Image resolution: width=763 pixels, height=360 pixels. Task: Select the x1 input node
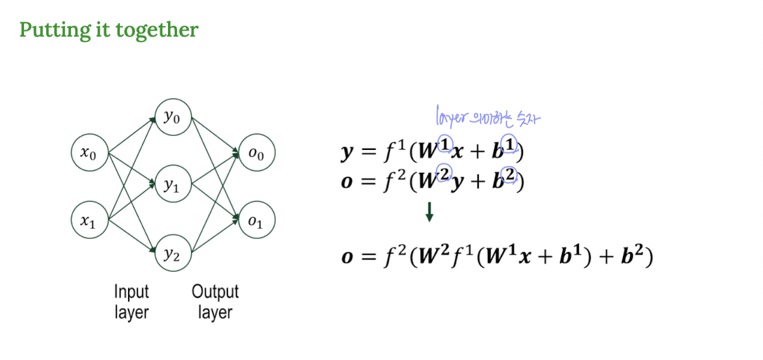click(90, 221)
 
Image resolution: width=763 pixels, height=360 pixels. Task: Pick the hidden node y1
click(172, 186)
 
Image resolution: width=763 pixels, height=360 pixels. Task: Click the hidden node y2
click(172, 255)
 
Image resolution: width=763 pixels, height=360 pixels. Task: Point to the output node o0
click(256, 153)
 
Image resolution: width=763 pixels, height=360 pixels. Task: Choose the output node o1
click(256, 222)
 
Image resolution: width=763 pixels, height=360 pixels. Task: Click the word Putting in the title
click(47, 30)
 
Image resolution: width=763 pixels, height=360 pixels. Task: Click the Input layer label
click(132, 301)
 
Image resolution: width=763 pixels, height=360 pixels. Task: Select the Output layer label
click(215, 301)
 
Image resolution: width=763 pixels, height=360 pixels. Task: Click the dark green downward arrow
click(429, 212)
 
